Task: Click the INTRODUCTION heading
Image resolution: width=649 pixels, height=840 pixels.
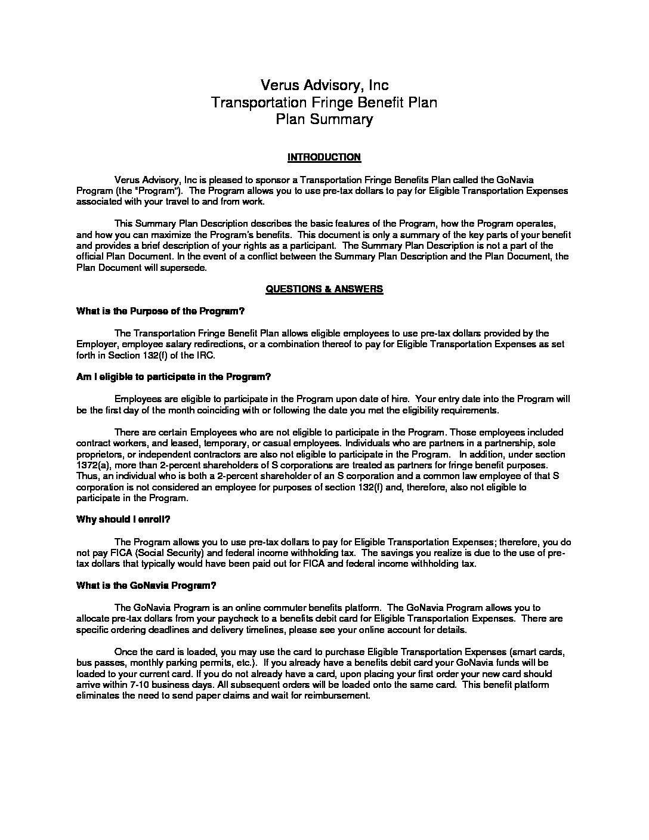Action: coord(324,157)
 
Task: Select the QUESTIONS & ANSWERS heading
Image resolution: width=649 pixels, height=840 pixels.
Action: coord(324,289)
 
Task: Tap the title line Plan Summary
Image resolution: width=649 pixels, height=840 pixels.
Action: coord(324,119)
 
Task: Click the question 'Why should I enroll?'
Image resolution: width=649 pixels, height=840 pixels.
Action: coord(123,520)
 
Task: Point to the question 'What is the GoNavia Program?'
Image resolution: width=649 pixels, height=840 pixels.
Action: coord(146,585)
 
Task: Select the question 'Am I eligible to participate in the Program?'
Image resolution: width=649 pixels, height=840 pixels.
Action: coord(174,377)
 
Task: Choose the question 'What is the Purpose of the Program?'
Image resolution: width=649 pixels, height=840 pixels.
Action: coord(160,311)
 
